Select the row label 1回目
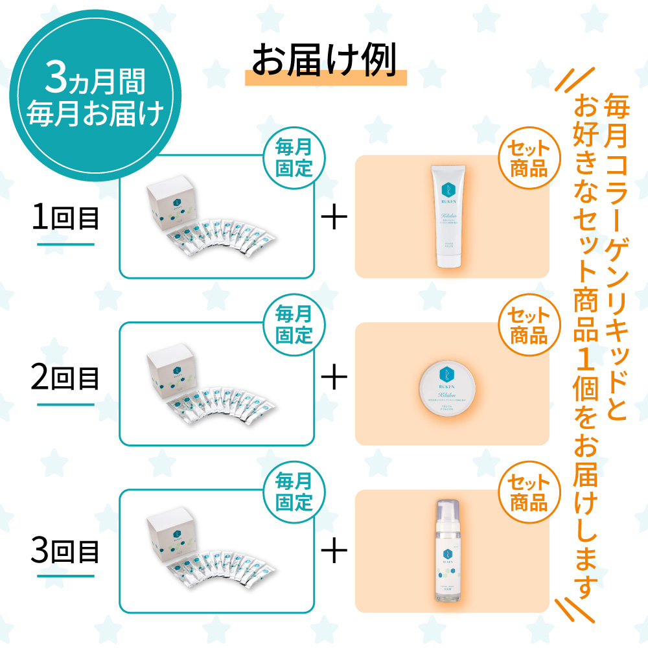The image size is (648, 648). click(x=65, y=219)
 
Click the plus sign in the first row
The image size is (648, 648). click(x=334, y=219)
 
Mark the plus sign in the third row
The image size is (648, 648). click(x=334, y=552)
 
